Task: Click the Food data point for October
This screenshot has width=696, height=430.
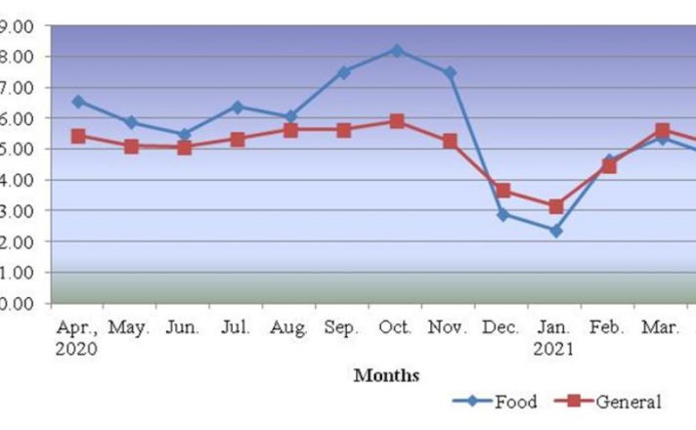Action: (397, 50)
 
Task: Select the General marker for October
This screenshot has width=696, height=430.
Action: (397, 121)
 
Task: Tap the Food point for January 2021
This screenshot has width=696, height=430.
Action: (555, 231)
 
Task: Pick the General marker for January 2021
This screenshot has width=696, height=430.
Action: (555, 206)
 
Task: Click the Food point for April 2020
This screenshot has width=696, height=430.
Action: (78, 101)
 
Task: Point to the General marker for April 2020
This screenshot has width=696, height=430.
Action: (78, 136)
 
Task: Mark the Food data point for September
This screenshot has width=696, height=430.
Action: (344, 71)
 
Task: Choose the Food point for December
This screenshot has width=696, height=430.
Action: (502, 214)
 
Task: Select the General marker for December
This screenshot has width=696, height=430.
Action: (502, 191)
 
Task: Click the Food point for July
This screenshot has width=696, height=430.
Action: (238, 107)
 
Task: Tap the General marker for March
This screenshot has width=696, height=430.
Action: (663, 130)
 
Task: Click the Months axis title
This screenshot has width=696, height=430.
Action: (386, 374)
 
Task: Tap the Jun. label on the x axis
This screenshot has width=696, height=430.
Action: (182, 326)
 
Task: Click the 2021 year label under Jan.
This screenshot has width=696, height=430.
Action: (555, 347)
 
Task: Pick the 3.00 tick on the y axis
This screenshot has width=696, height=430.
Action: (19, 211)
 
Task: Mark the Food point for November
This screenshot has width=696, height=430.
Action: (450, 72)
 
